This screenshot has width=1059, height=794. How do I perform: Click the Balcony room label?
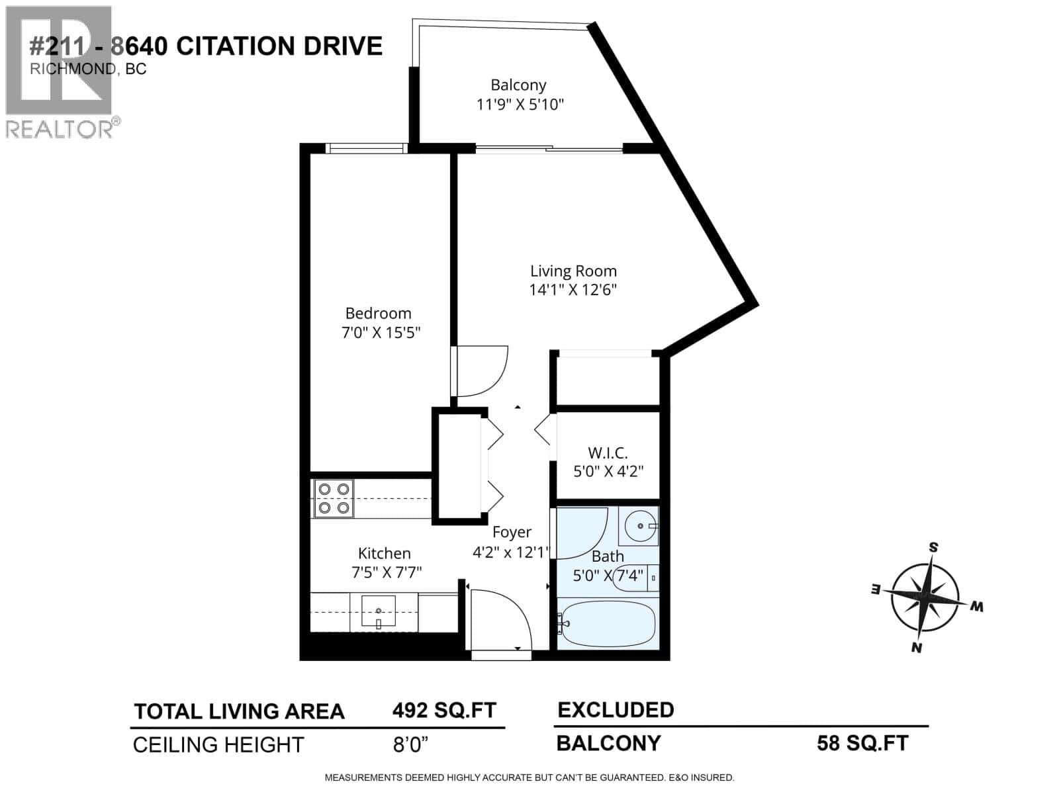pyautogui.click(x=518, y=85)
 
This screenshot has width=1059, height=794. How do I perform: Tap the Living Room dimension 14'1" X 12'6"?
pyautogui.click(x=573, y=290)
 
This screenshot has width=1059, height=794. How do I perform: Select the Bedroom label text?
pyautogui.click(x=378, y=313)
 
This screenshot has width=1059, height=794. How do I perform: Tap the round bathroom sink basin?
pyautogui.click(x=640, y=526)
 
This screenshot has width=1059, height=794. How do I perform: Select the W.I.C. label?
pyautogui.click(x=608, y=453)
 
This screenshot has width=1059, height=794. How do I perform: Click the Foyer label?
pyautogui.click(x=512, y=532)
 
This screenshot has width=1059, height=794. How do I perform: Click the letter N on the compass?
pyautogui.click(x=917, y=647)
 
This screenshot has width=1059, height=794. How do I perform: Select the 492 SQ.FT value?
pyautogui.click(x=444, y=711)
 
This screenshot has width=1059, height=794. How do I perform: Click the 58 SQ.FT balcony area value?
pyautogui.click(x=862, y=743)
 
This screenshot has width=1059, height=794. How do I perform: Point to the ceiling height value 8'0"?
pyautogui.click(x=410, y=744)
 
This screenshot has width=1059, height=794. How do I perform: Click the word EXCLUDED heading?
pyautogui.click(x=616, y=710)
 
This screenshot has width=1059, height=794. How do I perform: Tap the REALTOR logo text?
pyautogui.click(x=60, y=129)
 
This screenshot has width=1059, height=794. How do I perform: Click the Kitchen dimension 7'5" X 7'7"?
pyautogui.click(x=387, y=572)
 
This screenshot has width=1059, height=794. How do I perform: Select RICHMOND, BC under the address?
pyautogui.click(x=88, y=69)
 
